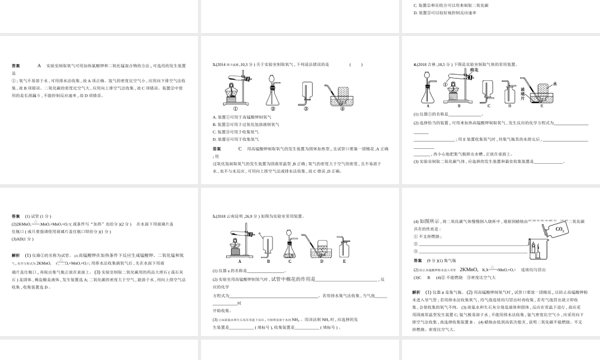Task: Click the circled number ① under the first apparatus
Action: (235, 109)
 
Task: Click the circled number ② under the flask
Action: (272, 109)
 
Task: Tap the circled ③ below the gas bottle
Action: (305, 109)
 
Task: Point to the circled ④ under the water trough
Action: (343, 109)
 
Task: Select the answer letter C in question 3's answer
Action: (239, 148)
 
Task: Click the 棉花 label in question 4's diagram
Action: (473, 70)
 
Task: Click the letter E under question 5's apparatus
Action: (344, 262)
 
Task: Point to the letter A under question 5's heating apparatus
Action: (239, 262)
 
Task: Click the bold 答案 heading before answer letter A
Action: (16, 65)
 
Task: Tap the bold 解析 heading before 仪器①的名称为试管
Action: (16, 255)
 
